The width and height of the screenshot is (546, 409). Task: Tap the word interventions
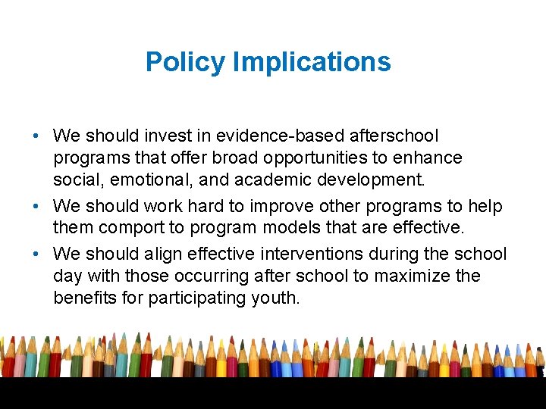click(303, 254)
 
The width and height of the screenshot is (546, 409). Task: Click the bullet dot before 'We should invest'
click(36, 136)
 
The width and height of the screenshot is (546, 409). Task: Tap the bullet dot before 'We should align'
click(36, 254)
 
